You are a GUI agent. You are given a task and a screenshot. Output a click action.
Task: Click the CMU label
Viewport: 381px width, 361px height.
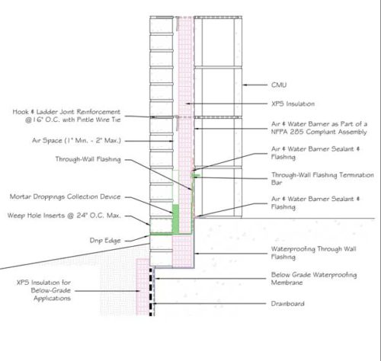tap(279, 85)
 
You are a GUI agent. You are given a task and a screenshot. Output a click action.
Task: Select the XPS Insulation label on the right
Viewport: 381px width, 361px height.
tap(293, 104)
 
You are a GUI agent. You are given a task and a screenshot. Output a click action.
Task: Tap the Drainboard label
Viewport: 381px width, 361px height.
tap(287, 303)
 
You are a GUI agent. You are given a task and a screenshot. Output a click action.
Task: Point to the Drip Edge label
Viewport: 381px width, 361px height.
tap(105, 241)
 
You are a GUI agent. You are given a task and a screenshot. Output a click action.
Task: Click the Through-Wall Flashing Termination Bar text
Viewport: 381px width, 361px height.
tap(322, 178)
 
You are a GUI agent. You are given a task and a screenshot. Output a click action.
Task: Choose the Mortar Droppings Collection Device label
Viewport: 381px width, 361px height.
tap(65, 196)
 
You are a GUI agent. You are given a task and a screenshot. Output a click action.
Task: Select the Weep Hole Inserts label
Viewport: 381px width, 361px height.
tap(64, 216)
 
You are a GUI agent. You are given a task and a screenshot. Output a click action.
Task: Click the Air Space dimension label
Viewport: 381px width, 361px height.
tap(76, 140)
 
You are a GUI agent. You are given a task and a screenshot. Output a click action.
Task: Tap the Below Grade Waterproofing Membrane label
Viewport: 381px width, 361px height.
tap(314, 278)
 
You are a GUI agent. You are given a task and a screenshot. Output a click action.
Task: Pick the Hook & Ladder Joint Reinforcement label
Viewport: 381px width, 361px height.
tap(66, 116)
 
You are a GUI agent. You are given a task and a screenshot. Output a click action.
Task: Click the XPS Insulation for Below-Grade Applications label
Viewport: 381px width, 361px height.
tap(43, 290)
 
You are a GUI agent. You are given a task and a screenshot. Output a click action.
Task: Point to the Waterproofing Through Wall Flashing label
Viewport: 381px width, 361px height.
tap(313, 253)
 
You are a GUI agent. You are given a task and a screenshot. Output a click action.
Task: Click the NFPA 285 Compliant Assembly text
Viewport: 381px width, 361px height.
tap(319, 132)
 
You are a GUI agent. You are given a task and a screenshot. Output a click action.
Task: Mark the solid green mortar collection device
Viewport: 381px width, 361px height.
tap(175, 219)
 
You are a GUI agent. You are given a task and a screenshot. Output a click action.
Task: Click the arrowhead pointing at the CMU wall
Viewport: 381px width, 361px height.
tap(245, 85)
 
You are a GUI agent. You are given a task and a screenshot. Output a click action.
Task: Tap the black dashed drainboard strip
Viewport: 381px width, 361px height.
tap(151, 291)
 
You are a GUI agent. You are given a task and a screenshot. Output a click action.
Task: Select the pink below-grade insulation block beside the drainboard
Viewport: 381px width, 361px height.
tap(142, 287)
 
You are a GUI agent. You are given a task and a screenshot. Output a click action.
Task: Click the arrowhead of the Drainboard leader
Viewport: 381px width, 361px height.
tap(155, 303)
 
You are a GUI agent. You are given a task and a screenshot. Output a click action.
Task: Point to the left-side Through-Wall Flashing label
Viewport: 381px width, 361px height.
tap(88, 159)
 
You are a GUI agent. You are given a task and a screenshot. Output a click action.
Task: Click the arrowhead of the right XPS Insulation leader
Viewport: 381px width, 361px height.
tap(188, 104)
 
